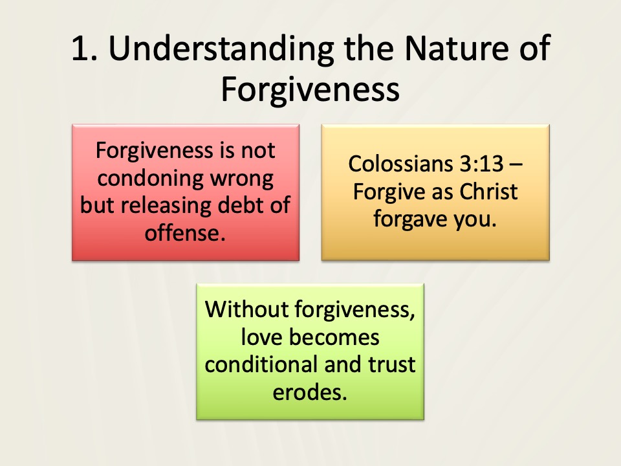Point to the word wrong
242,179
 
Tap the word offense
185,232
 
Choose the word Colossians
401,163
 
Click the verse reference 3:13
481,164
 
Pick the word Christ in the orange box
488,192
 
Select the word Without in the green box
247,309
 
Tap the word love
263,337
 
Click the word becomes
334,337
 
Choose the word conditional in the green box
261,364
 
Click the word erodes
310,392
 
